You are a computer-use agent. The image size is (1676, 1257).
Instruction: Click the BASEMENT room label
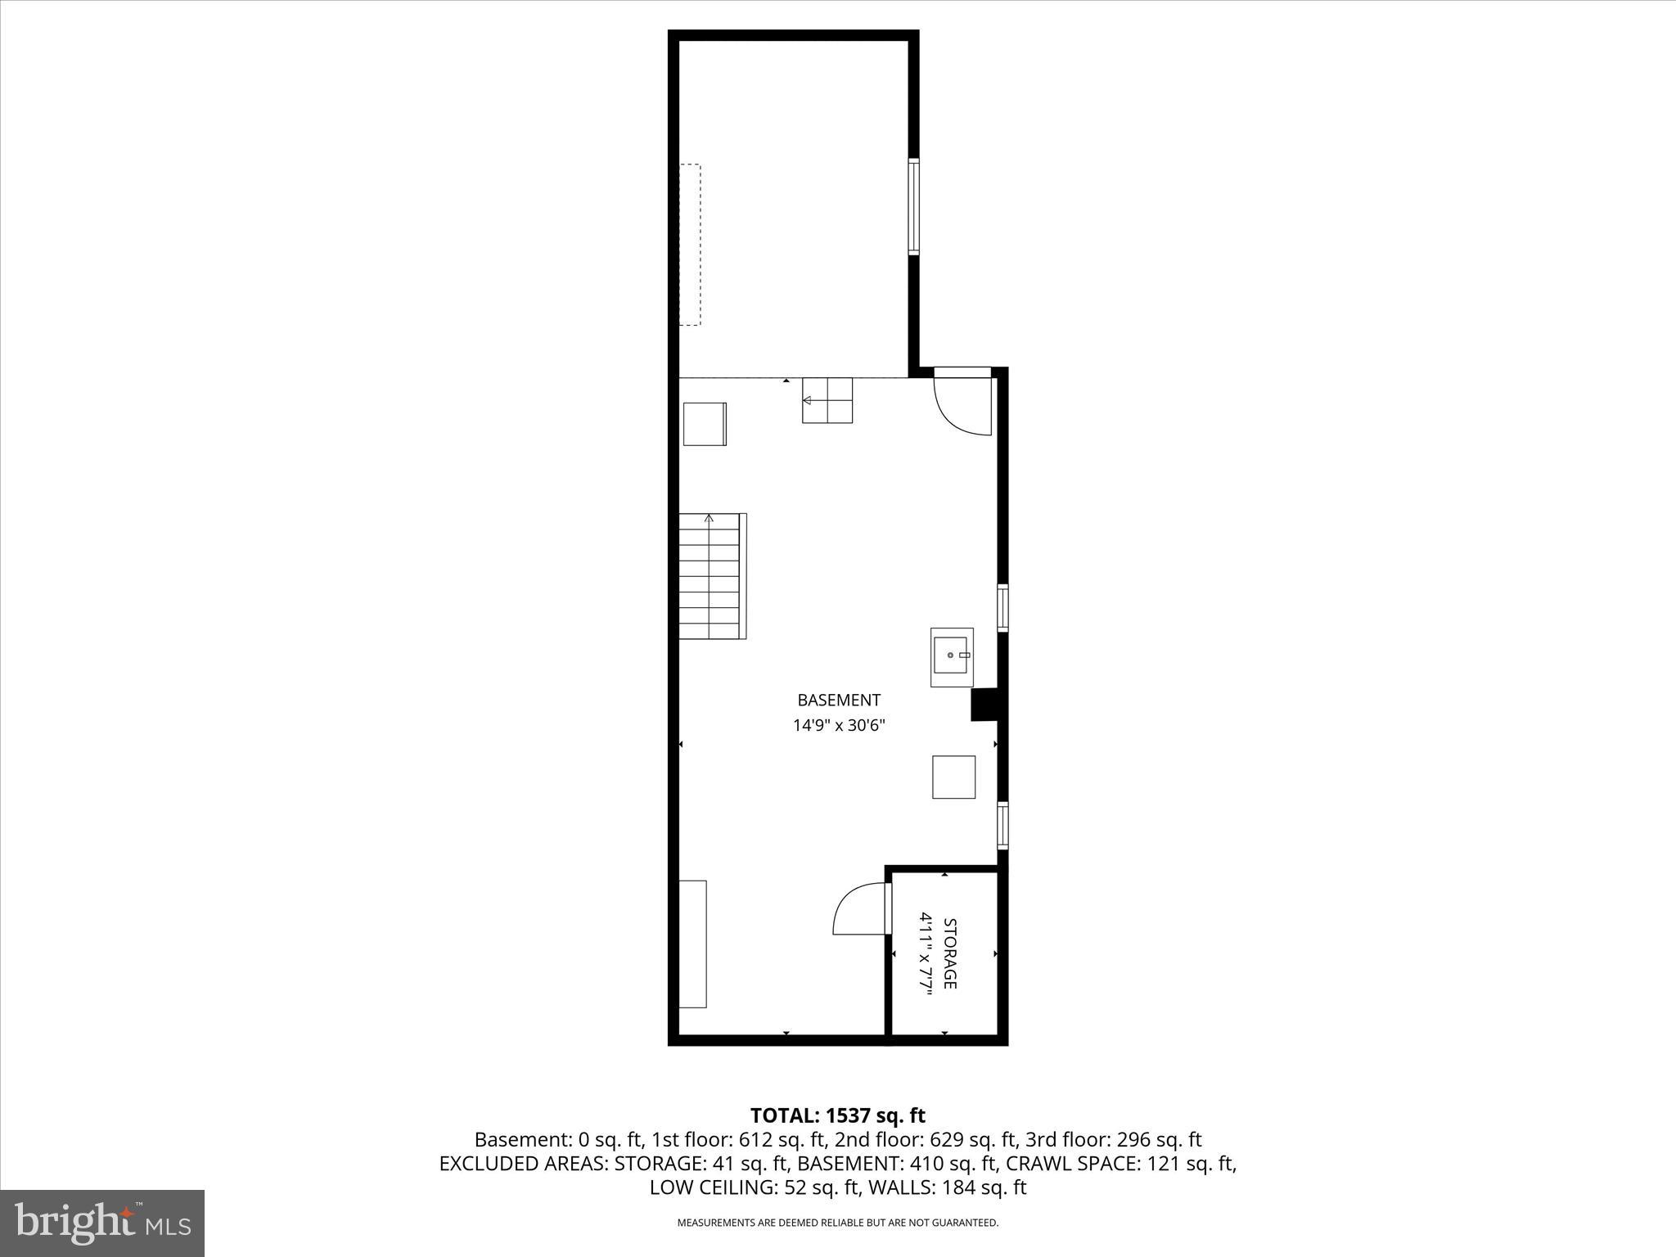pos(838,700)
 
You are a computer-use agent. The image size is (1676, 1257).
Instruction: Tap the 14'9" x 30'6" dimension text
pos(838,725)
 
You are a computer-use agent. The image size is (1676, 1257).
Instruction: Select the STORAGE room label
pos(950,953)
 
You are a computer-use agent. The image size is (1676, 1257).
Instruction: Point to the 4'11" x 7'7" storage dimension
pos(926,953)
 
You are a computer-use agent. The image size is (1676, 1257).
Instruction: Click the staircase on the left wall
pos(710,576)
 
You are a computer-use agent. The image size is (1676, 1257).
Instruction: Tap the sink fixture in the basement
pos(952,656)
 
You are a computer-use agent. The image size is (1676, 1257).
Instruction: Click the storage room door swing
pos(860,909)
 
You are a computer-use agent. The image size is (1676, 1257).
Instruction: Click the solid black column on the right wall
pos(983,705)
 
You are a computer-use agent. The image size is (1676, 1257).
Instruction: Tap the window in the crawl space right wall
pos(913,206)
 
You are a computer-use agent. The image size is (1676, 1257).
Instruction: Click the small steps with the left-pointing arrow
pos(827,400)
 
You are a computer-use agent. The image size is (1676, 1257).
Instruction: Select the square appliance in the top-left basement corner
pos(705,424)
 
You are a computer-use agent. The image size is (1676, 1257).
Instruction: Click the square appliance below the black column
pos(953,777)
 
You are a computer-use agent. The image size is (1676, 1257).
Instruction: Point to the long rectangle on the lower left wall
pos(692,944)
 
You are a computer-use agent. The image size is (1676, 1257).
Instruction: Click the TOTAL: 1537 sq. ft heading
pos(837,1115)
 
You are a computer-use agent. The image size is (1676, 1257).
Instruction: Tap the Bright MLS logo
pos(102,1223)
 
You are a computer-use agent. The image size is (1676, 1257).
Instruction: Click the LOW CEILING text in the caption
pos(710,1187)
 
